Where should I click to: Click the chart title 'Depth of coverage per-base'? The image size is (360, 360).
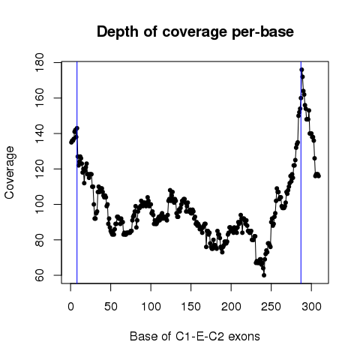point(195,31)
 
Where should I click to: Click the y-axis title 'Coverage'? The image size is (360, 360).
point(10,172)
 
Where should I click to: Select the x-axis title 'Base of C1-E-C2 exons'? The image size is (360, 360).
point(195,336)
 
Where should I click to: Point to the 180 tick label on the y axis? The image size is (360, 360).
point(40,62)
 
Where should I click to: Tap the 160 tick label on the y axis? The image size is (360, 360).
point(40,98)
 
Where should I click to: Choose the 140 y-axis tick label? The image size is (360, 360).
point(40,133)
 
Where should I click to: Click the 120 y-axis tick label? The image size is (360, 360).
point(40,169)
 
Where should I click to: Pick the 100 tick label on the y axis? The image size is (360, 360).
point(40,205)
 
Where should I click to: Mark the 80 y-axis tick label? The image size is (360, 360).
point(40,240)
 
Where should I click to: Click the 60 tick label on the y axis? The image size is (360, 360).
point(40,275)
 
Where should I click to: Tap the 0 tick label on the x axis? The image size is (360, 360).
point(70,307)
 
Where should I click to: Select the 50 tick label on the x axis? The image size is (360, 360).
point(111,307)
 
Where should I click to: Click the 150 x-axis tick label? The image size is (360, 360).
point(191,307)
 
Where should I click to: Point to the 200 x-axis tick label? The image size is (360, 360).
point(231,307)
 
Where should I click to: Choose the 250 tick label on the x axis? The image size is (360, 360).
point(271,307)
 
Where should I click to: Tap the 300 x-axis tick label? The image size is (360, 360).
point(311,307)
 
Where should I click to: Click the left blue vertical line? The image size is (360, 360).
point(77,172)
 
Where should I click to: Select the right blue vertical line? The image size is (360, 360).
point(301,172)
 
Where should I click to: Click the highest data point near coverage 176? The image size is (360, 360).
point(301,70)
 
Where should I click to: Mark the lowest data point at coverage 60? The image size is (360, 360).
point(264,275)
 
